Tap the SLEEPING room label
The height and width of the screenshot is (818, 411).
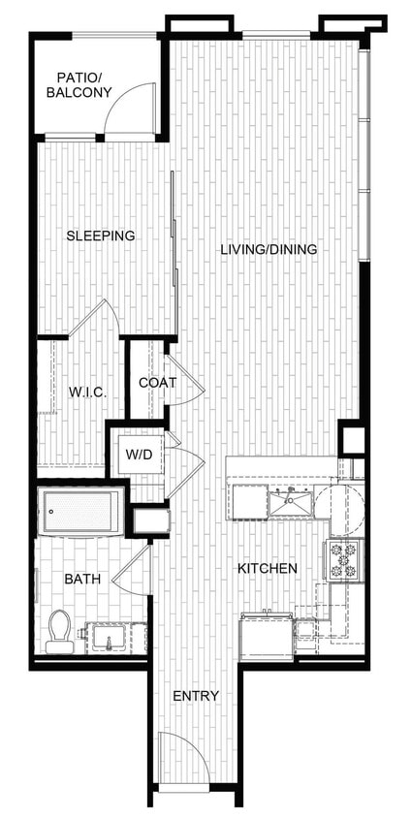point(100,236)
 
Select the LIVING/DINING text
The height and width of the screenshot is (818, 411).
point(269,250)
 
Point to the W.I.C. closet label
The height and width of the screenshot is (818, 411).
point(86,392)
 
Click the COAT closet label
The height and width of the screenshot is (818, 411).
point(157,383)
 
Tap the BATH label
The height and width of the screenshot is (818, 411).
point(82,579)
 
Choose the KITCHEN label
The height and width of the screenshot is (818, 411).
point(268,569)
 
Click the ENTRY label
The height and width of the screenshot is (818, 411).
point(195,696)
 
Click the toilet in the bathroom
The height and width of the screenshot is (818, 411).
point(60,630)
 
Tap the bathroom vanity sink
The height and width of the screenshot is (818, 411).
point(106,639)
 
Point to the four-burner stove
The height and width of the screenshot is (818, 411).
point(344,560)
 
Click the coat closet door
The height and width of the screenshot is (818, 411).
point(186,388)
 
